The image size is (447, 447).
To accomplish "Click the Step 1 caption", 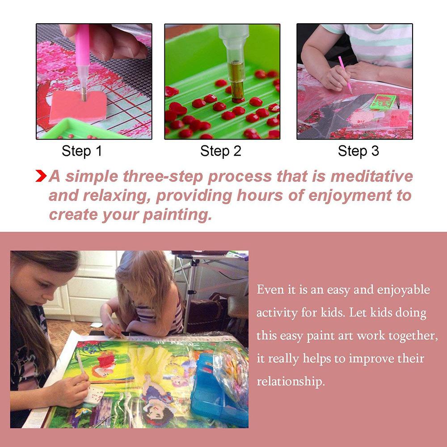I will [82, 151].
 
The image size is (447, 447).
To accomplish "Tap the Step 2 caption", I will [221, 151].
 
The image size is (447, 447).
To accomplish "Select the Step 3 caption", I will [358, 151].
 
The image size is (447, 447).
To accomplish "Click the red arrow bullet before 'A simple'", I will [41, 176].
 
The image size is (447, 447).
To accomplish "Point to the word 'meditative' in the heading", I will [371, 176].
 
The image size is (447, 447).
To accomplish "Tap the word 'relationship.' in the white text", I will [290, 381].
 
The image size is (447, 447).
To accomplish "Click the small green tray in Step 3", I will [383, 102].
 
